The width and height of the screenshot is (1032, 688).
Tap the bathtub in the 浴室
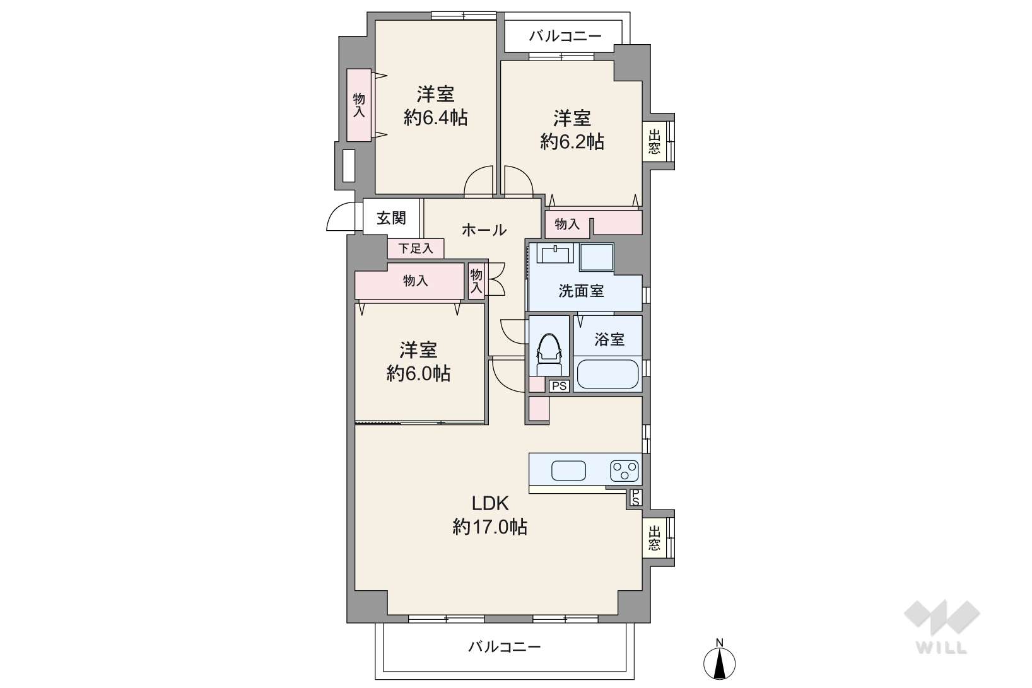tap(607, 374)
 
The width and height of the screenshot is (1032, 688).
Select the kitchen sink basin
tap(568, 470)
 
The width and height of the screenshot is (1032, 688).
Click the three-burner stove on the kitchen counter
tap(624, 471)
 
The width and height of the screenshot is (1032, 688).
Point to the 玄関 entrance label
tap(391, 218)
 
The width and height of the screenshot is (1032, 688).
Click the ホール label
tap(484, 230)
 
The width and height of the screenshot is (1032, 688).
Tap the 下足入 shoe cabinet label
tap(416, 248)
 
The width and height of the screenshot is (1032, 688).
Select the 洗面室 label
tap(581, 291)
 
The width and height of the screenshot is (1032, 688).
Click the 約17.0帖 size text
tap(490, 527)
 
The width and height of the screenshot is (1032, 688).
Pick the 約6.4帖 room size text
tap(435, 118)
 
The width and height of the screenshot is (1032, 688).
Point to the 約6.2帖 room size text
tap(572, 142)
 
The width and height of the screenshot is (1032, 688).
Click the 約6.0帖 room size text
tap(418, 373)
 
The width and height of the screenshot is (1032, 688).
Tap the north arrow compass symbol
tap(719, 661)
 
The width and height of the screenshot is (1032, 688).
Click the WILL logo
tap(942, 626)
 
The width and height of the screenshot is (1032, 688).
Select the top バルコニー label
tap(565, 36)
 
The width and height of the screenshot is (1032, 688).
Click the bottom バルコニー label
tap(505, 647)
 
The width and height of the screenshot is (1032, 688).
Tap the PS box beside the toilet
tap(560, 386)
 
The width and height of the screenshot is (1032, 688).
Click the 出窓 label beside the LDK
tap(654, 538)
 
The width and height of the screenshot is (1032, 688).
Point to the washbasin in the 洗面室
tap(556, 253)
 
